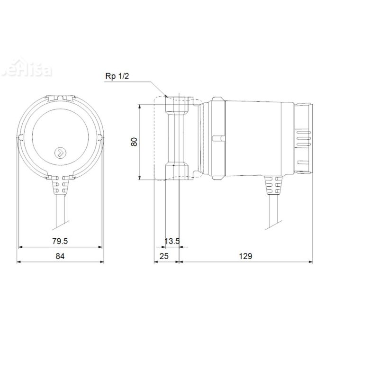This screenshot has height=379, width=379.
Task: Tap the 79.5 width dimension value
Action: pyautogui.click(x=60, y=241)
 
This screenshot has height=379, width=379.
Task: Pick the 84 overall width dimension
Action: pyautogui.click(x=60, y=256)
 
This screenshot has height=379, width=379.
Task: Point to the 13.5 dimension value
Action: pyautogui.click(x=172, y=241)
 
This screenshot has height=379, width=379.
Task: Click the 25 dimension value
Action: pyautogui.click(x=164, y=256)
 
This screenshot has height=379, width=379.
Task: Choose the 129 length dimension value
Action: pyautogui.click(x=245, y=256)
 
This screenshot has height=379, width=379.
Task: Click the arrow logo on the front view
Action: pyautogui.click(x=60, y=153)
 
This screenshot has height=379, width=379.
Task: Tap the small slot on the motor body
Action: pyautogui.click(x=217, y=138)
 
